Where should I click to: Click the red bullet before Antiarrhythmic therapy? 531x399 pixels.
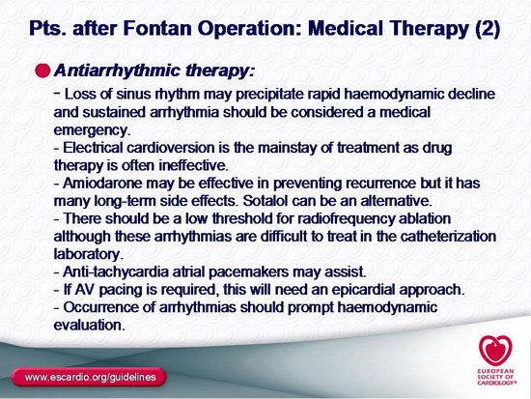click(42, 71)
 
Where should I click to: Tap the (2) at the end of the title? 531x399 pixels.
click(488, 29)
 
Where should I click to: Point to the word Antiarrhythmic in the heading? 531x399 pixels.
click(117, 71)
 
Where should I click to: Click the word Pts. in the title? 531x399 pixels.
click(48, 28)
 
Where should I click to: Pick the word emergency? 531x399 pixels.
click(92, 130)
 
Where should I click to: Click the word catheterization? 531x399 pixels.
click(448, 237)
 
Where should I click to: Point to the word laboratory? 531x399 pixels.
click(88, 254)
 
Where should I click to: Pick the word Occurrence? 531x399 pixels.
click(109, 307)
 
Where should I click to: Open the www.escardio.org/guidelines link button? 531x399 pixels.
click(90, 378)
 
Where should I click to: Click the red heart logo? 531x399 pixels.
click(495, 351)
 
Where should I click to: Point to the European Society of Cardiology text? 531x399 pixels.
click(496, 377)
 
